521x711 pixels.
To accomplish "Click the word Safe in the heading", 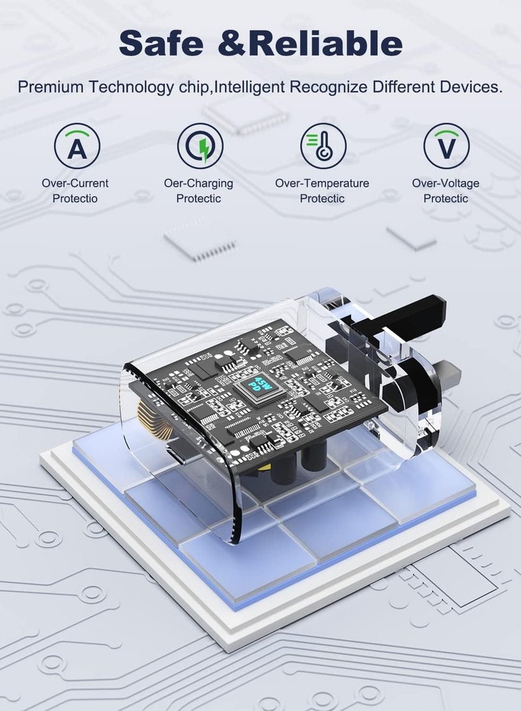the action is coord(161,43).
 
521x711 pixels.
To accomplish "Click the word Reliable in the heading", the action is coord(325,43).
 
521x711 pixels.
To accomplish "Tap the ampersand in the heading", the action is coord(232,44).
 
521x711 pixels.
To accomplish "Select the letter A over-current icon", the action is coord(77,146).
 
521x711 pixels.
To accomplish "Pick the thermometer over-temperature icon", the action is coord(324,146).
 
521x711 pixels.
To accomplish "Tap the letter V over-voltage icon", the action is coord(446,146).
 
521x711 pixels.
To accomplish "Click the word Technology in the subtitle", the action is coord(131,87).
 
